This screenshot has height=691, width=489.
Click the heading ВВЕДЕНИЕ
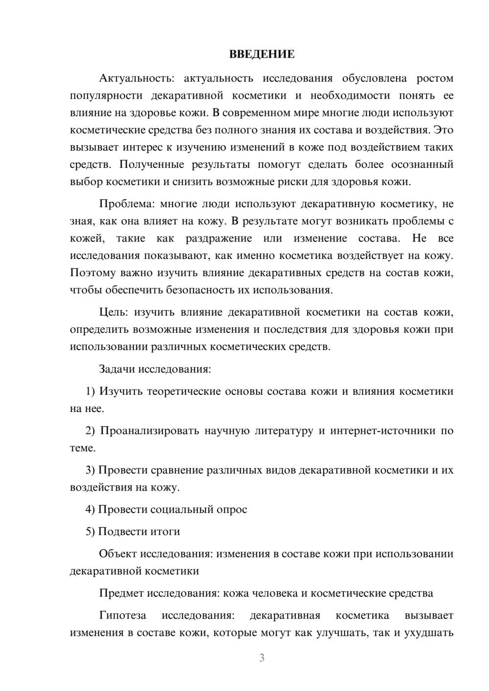tap(262, 54)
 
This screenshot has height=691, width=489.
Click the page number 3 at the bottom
tap(262, 658)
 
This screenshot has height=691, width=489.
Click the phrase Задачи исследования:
tap(155, 369)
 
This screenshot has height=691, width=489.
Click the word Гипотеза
tap(122, 615)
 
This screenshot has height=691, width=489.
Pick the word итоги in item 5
tap(166, 531)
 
